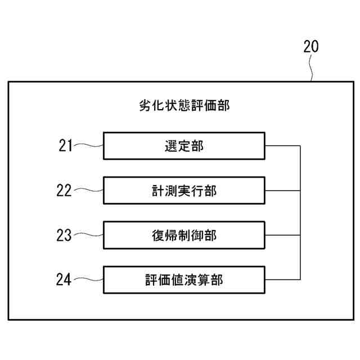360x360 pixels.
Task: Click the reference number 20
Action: click(310, 47)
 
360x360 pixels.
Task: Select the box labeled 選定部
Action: click(184, 146)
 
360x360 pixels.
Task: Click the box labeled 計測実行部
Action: click(184, 191)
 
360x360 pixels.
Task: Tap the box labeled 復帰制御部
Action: click(184, 235)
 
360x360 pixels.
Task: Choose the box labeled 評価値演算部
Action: click(184, 280)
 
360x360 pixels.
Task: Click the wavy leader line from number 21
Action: click(89, 146)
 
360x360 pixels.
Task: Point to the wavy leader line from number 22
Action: click(89, 191)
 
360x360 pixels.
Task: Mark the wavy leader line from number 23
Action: click(89, 235)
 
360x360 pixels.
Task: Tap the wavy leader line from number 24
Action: click(89, 280)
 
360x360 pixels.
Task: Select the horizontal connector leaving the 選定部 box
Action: click(283, 146)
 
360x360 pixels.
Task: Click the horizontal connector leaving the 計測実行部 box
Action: click(283, 191)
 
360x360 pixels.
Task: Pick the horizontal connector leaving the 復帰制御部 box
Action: click(283, 235)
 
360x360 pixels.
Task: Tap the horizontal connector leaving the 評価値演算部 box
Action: click(283, 280)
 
